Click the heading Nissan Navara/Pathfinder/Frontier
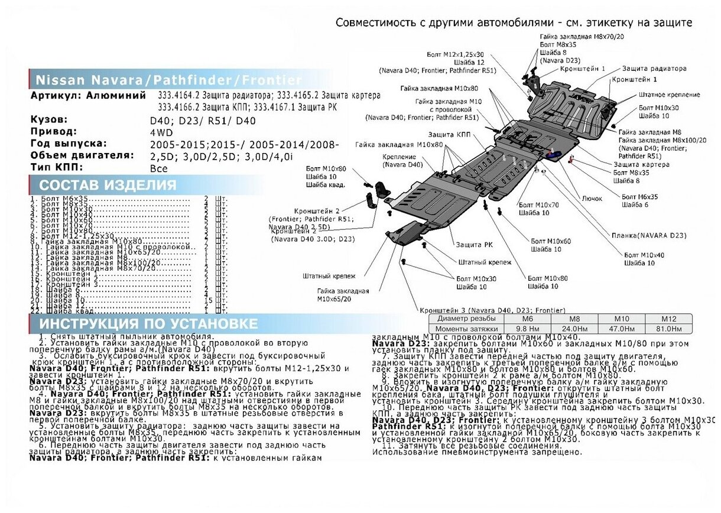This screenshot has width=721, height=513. tap(168, 80)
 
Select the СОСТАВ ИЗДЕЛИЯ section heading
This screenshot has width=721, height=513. tap(108, 185)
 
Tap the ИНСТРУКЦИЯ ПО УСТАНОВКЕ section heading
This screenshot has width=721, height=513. tap(148, 324)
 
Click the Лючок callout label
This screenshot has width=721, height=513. tap(592, 199)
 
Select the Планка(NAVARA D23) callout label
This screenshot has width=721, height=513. tap(648, 235)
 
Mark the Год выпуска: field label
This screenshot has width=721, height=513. tap(69, 144)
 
